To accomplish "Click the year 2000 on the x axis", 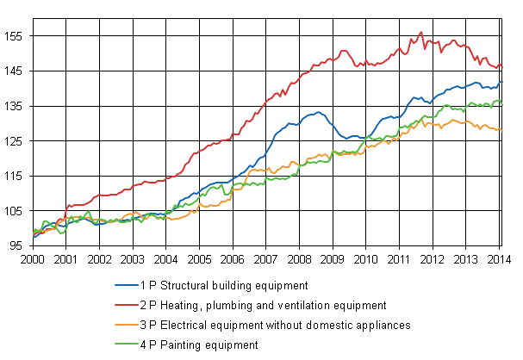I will point(33,258).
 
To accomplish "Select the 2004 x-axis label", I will point(165,258).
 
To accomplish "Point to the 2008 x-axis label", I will point(299,258).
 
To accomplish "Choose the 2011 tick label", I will point(399,258).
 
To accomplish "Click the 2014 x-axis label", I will point(499,258).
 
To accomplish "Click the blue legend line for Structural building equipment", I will point(125,285).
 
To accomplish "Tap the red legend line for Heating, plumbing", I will point(125,305).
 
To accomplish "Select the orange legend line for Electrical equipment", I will point(125,325).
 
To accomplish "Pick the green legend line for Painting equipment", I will point(125,344).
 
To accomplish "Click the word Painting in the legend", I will point(177,344).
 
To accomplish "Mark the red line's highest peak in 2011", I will point(420,33).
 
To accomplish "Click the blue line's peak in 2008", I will point(318,112).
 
